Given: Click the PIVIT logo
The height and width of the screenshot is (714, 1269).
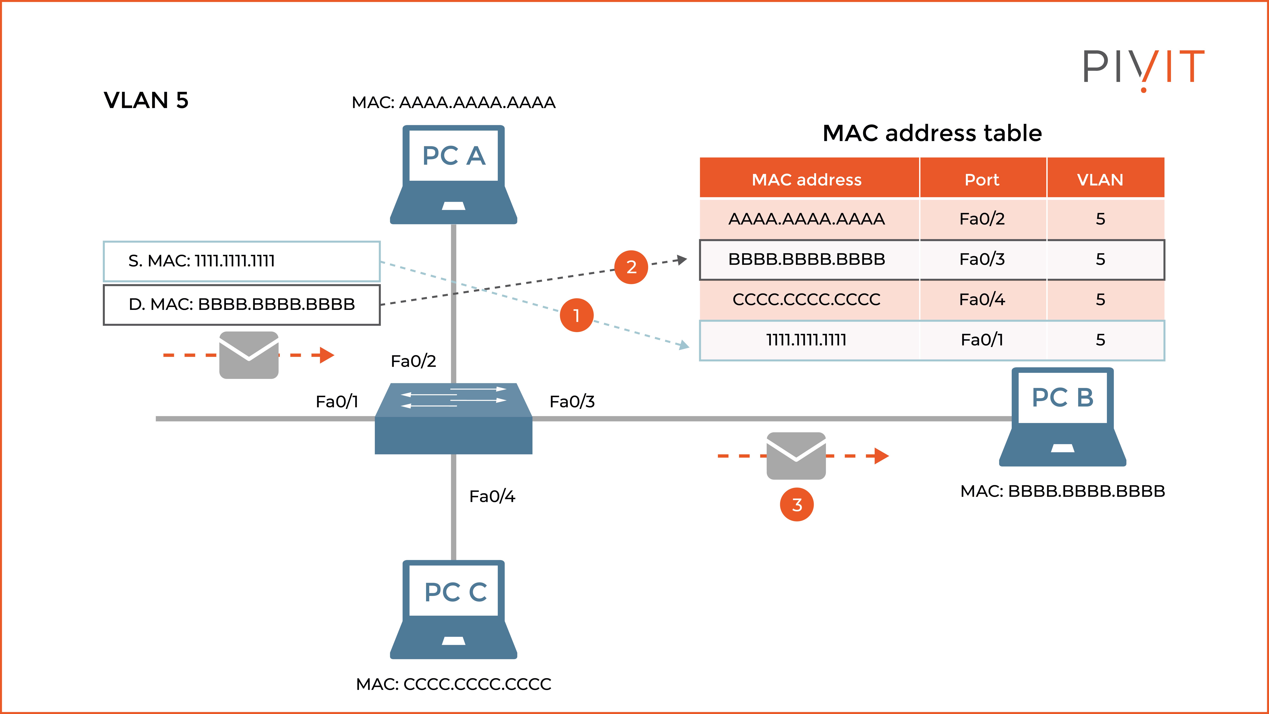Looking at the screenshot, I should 1143,69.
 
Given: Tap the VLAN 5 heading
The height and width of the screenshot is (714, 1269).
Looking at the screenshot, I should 146,101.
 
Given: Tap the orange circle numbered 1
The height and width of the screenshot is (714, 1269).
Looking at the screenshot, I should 576,315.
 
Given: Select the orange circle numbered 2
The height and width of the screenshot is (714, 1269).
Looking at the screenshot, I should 631,267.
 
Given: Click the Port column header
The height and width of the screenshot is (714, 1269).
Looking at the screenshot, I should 982,179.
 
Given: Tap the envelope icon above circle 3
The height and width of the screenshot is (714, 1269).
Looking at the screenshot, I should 796,456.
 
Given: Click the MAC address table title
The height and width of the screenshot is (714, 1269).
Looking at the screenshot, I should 932,133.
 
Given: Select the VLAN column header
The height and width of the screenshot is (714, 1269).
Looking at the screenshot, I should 1100,179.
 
